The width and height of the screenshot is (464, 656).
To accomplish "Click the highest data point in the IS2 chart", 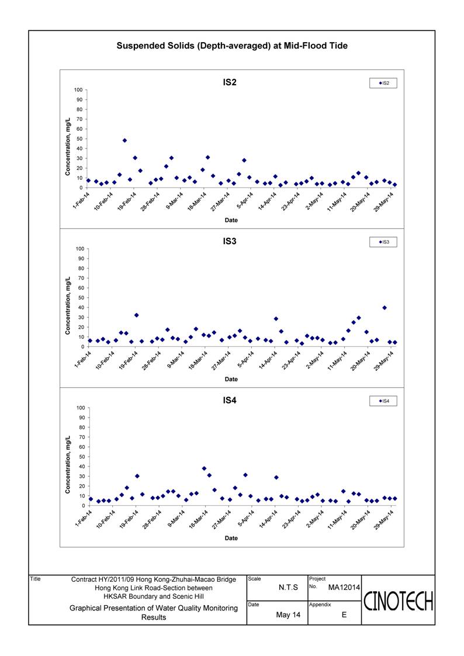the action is tap(124, 141).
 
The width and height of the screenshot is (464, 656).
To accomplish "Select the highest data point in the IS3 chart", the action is tap(385, 308).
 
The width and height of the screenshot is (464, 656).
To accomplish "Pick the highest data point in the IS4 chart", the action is tap(204, 468).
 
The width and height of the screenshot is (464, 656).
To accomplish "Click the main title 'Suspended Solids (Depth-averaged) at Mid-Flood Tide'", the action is tap(232, 46).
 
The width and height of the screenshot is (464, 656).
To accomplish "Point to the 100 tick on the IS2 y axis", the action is tap(78, 90).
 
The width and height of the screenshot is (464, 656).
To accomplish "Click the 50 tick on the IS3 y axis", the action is tap(80, 298).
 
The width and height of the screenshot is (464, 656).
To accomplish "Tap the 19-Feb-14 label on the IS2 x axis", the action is tap(127, 201).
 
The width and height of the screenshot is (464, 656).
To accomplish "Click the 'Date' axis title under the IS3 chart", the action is tap(231, 379).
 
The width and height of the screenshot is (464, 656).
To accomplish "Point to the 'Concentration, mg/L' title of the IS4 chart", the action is tap(68, 465).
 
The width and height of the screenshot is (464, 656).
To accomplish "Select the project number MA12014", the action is tap(344, 588).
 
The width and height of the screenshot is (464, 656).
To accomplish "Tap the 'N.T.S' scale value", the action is tap(288, 588).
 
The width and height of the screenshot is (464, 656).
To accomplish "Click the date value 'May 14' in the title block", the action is tap(288, 615).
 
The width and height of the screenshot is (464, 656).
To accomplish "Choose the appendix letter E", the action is tap(344, 615).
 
